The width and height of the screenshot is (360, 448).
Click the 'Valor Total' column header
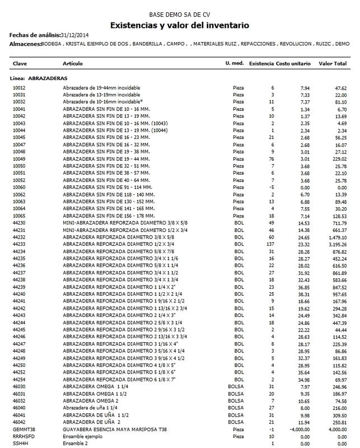click(x=337, y=64)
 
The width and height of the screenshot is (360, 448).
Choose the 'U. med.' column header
click(x=234, y=64)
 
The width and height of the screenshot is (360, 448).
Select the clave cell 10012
click(x=20, y=88)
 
